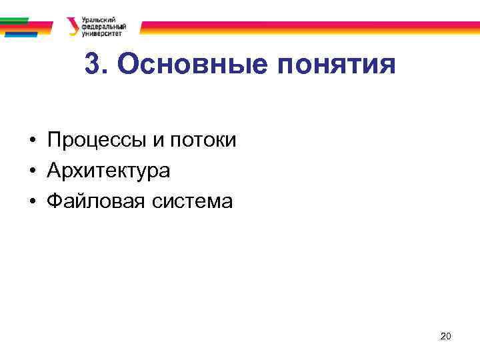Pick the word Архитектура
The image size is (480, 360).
pos(109,171)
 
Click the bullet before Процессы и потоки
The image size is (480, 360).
pos(31,141)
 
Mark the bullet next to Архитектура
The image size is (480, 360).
pos(31,171)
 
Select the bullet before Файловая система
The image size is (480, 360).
pos(31,201)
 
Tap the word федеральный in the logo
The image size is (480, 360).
pos(103,26)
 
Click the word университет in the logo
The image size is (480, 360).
pos(101,32)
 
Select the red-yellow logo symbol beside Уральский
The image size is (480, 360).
pos(72,26)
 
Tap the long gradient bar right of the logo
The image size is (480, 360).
pos(307,27)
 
